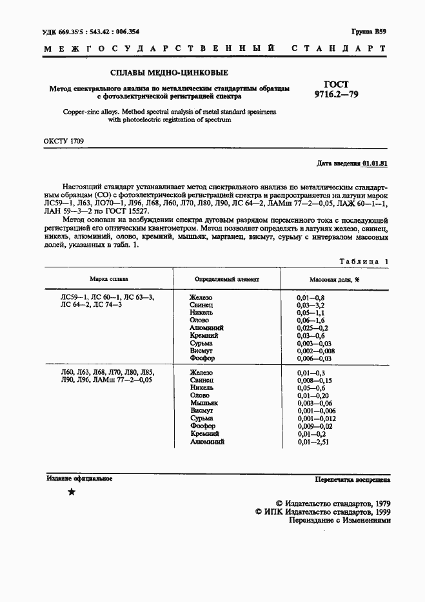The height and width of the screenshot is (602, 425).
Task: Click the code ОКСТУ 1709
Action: point(63,141)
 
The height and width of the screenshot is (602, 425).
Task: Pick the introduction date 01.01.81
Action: point(375,164)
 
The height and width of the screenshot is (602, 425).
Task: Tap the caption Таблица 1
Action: point(364,261)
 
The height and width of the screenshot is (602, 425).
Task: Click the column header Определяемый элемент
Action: point(227,280)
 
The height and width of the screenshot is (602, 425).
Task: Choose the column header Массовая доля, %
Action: point(335,280)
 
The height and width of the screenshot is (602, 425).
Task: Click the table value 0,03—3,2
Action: point(310,304)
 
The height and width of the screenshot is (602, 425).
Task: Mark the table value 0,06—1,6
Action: point(310,320)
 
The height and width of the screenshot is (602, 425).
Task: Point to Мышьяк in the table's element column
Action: point(204,402)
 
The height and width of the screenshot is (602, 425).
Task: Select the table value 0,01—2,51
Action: point(312,442)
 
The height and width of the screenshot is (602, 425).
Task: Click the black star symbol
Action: point(72,492)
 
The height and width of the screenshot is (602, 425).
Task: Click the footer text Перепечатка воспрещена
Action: point(352,480)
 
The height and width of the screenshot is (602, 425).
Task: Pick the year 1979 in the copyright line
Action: point(380,503)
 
